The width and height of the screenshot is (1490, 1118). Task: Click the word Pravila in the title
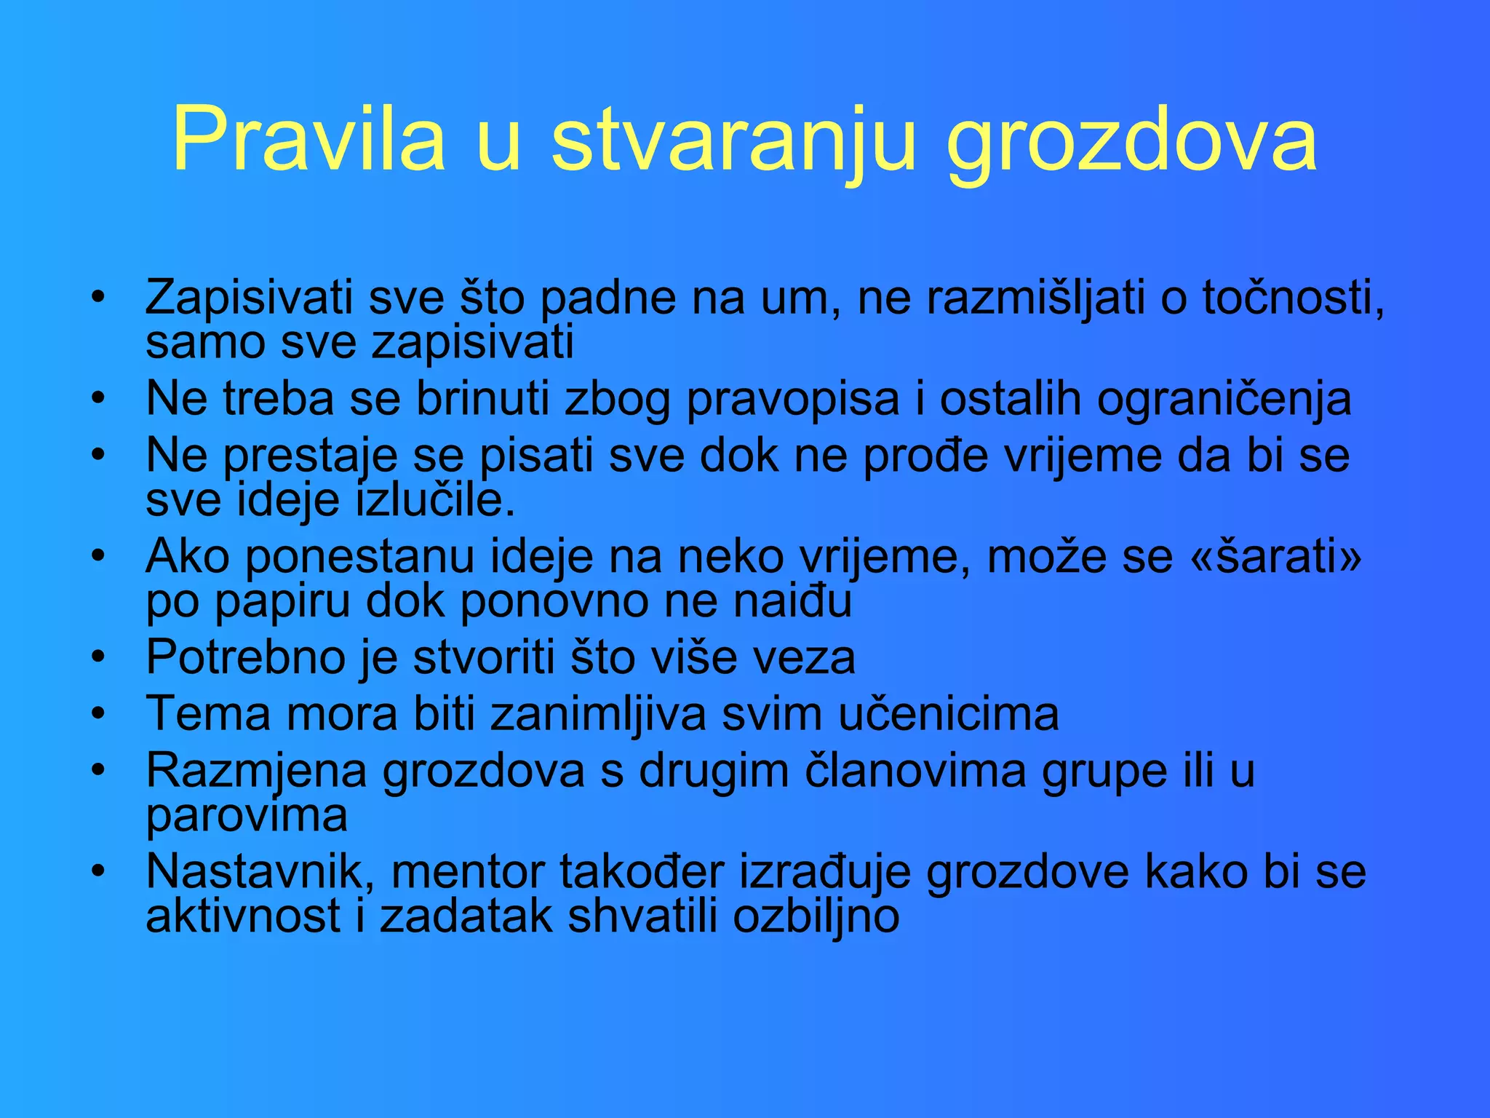pos(308,138)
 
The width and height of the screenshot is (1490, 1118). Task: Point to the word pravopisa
pos(793,400)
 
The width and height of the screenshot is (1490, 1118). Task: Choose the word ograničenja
pos(1224,400)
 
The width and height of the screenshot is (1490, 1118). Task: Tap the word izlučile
pos(435,500)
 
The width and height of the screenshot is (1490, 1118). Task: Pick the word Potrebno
pos(246,657)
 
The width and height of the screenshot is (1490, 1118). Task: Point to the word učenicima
pos(949,714)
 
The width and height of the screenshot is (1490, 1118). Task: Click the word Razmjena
pos(256,771)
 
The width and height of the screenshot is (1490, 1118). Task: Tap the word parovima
pos(247,816)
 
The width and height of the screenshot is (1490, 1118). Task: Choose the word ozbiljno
pos(816,916)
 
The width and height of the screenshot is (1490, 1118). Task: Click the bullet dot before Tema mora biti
pos(98,713)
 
